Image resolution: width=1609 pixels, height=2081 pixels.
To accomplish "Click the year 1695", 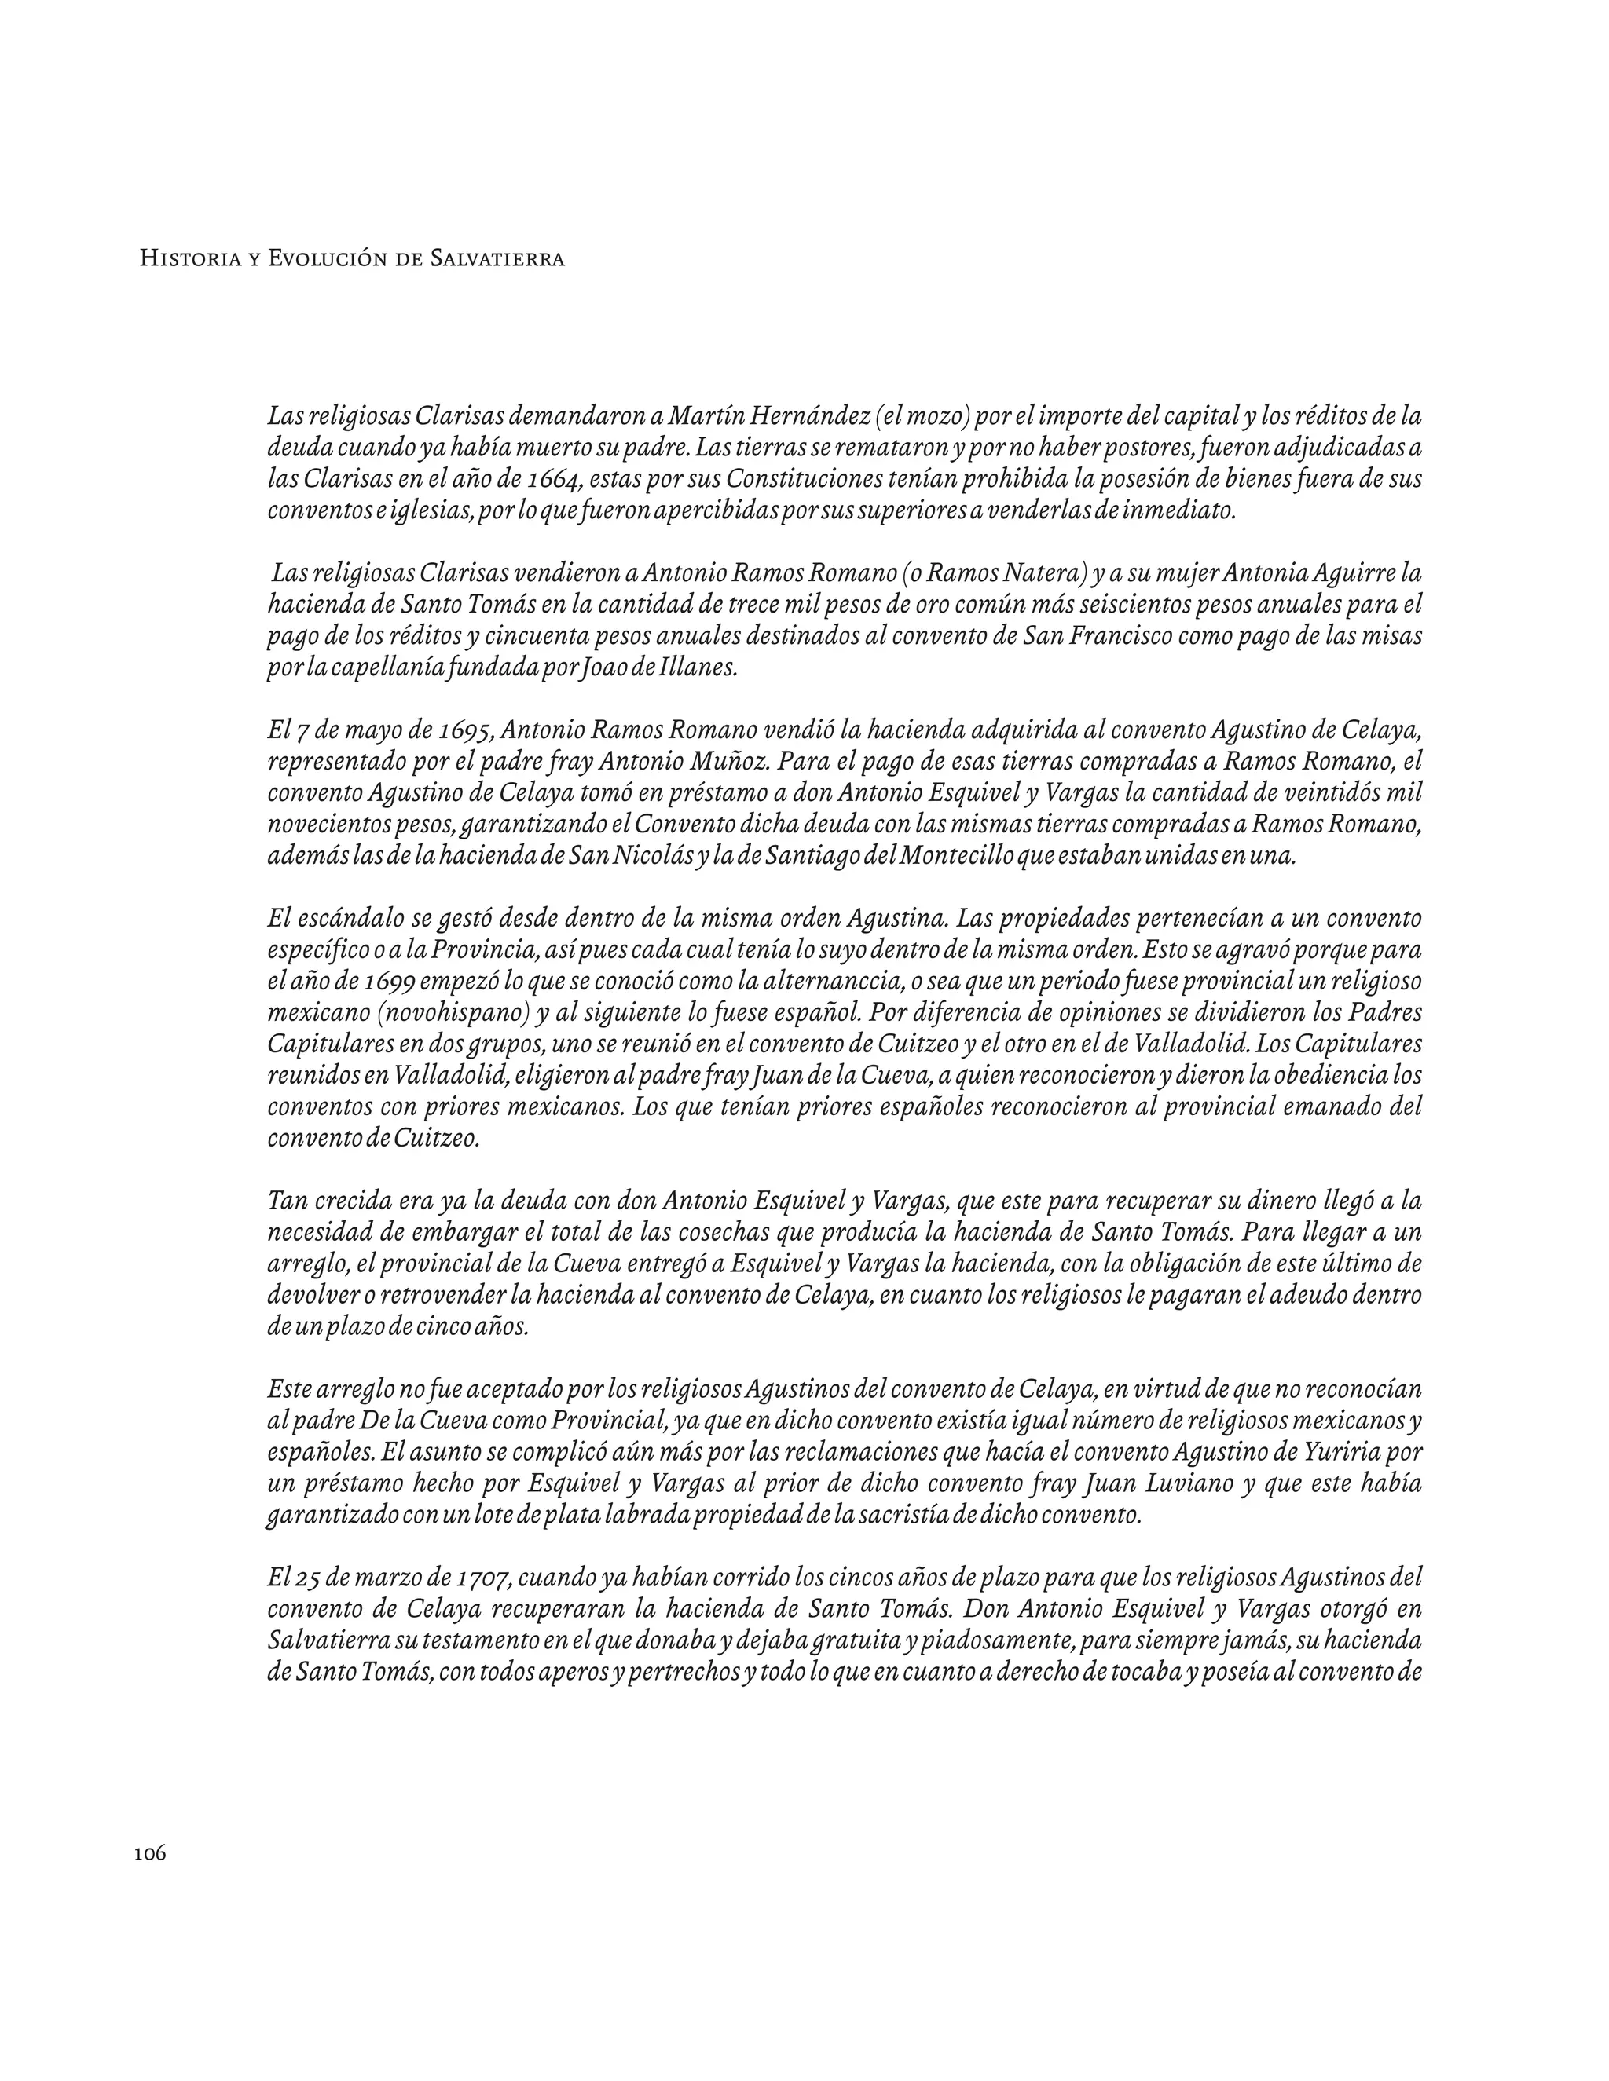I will [461, 731].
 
